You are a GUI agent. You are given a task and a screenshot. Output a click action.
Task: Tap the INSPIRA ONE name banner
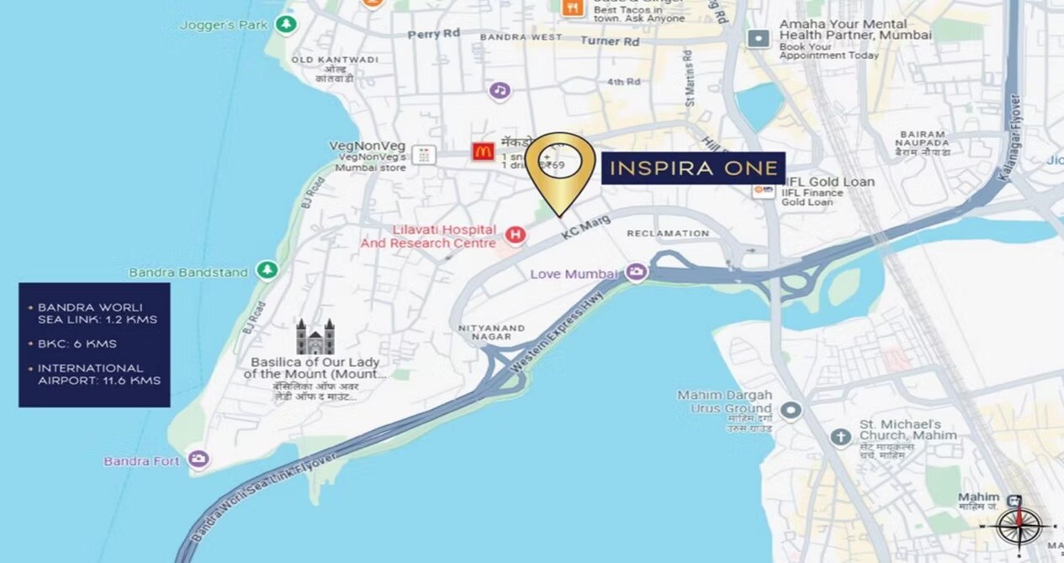click(693, 168)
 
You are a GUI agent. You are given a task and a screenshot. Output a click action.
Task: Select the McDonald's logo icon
click(483, 151)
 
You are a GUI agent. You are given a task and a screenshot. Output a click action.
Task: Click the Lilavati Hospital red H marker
click(516, 235)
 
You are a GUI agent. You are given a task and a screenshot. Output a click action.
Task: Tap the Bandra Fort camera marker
click(199, 459)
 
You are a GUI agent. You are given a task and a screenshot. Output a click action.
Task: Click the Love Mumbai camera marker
click(637, 273)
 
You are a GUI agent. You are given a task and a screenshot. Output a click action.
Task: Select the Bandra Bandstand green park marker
click(267, 270)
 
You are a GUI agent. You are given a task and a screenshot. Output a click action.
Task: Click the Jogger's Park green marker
click(287, 24)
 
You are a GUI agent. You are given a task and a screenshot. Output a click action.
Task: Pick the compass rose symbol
click(1019, 525)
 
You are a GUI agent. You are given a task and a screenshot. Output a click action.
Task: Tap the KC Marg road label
click(584, 229)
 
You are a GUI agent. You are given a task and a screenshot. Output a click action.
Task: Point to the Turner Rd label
click(610, 40)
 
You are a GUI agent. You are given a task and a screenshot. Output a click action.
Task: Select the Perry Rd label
click(434, 35)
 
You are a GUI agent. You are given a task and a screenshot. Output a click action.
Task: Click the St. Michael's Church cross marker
click(840, 437)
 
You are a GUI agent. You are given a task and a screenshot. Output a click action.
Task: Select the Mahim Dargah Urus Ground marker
click(790, 411)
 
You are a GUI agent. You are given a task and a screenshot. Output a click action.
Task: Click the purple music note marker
click(500, 90)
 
